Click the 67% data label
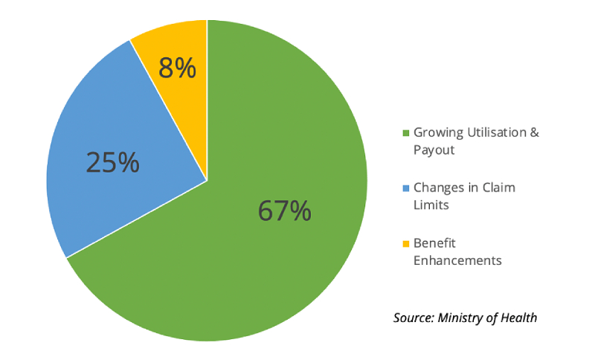click(285, 211)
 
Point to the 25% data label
click(112, 162)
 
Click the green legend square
click(406, 134)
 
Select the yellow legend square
click(406, 244)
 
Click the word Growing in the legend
click(437, 133)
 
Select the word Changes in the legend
click(438, 188)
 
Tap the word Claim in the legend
click(498, 188)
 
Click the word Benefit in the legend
click(434, 243)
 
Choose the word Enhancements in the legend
click(457, 260)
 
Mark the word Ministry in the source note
click(466, 318)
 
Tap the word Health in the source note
click(520, 318)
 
